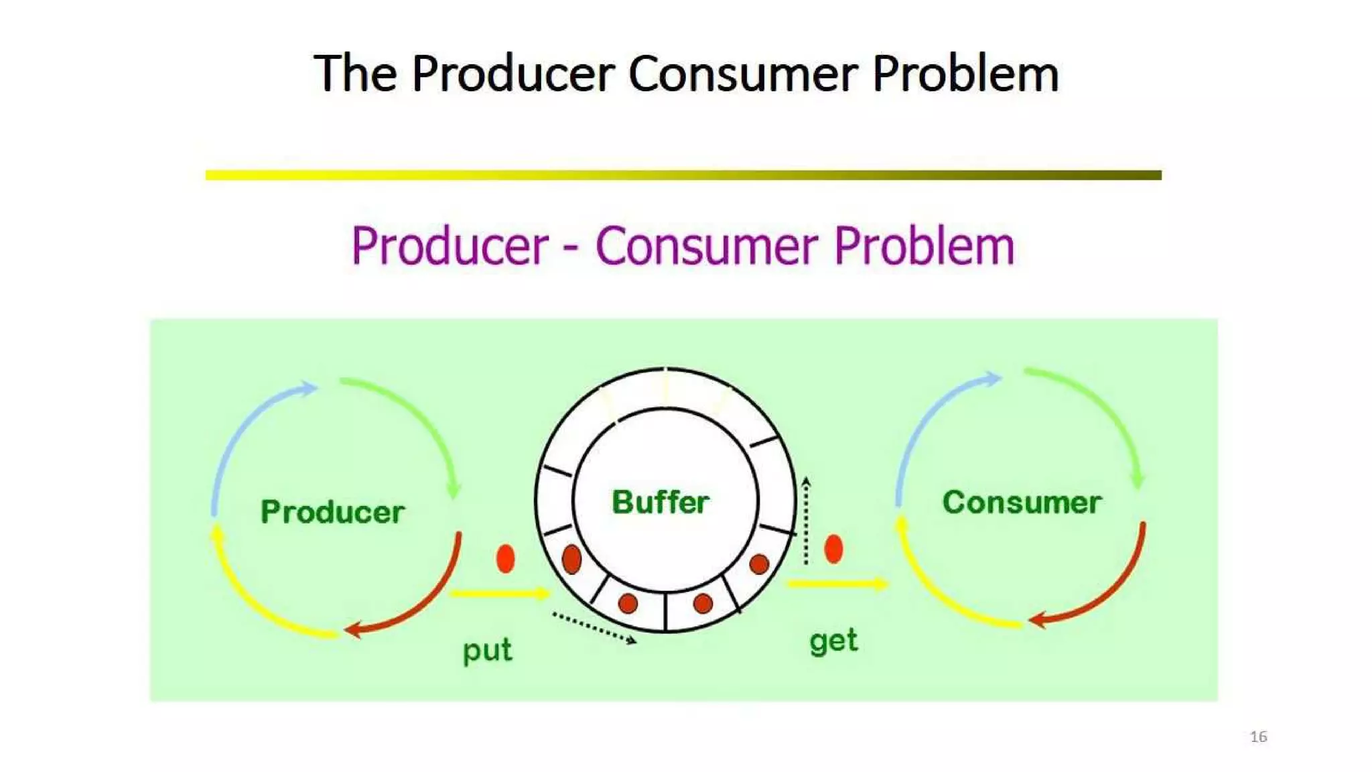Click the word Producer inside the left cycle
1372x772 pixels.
coord(332,512)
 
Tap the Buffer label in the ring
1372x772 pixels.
coord(661,502)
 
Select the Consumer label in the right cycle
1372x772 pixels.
coord(1022,503)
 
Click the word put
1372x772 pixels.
coord(487,650)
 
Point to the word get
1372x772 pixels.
coord(833,641)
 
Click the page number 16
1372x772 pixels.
coord(1258,736)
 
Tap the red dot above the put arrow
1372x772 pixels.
coord(506,558)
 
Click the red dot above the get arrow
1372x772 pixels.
coord(833,549)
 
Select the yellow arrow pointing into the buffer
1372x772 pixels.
coord(499,593)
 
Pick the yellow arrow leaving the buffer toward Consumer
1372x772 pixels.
coord(837,584)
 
